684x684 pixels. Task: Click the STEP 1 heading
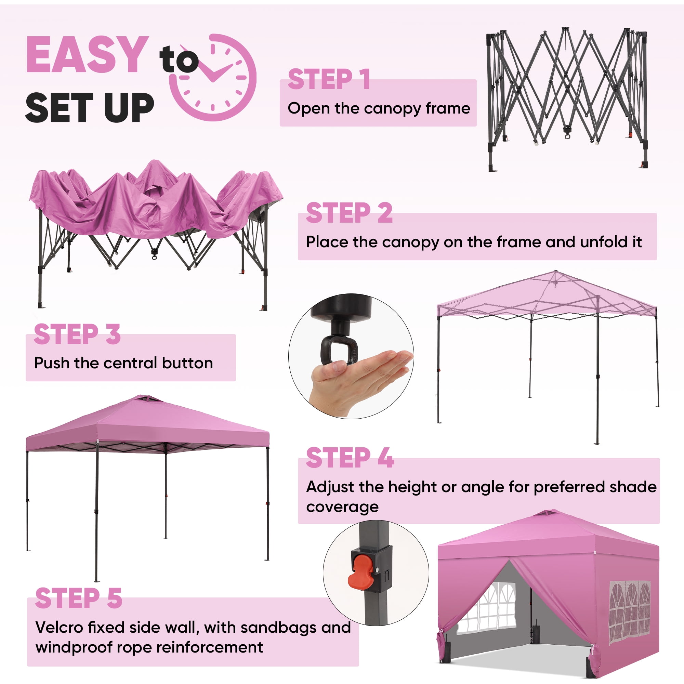click(x=329, y=79)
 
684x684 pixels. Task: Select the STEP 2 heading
click(x=349, y=213)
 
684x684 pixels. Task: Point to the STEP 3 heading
click(x=77, y=334)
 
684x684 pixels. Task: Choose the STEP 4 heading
click(x=350, y=458)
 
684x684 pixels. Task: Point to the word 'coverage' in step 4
click(x=342, y=507)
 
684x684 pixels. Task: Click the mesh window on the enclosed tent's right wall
click(x=630, y=613)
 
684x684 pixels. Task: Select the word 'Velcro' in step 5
click(x=59, y=628)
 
